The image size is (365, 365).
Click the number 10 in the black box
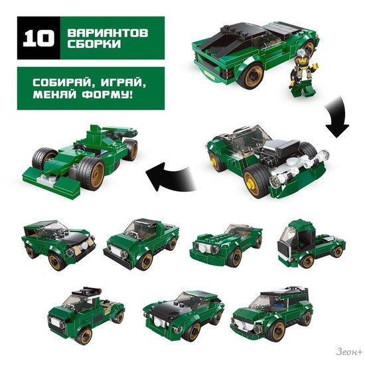(38, 38)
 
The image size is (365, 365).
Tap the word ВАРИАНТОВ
(108, 33)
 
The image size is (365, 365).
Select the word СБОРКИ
(94, 44)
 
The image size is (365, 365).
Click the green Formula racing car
(80, 159)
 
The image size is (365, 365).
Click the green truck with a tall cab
(311, 244)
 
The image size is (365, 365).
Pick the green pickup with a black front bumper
(141, 244)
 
